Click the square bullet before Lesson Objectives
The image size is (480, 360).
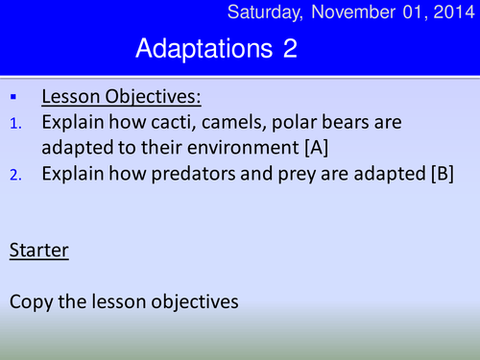14,97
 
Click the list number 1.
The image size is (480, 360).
14,124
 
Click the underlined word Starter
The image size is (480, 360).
37,252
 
